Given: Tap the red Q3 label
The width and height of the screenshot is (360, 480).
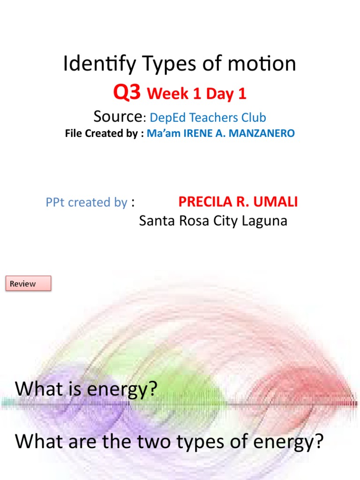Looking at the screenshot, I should pos(127,93).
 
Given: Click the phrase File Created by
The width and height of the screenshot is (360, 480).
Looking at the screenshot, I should pos(103,134).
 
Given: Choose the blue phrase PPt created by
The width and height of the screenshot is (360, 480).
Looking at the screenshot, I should pos(87,202).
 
